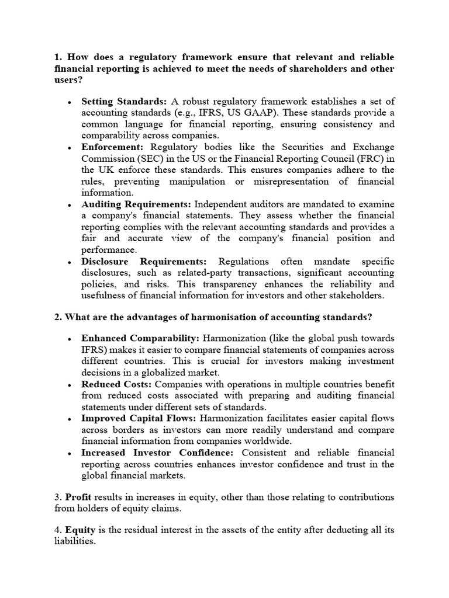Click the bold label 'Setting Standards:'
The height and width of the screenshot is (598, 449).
tap(124, 102)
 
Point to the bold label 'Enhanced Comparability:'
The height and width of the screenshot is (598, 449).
tap(140, 339)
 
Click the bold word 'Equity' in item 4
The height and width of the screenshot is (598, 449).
tap(80, 530)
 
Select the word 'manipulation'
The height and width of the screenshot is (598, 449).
tap(198, 182)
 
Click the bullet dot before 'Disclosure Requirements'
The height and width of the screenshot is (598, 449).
tap(70, 262)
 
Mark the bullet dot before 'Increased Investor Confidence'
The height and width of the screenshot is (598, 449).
tap(70, 454)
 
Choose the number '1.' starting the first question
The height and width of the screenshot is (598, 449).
tap(58, 57)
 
